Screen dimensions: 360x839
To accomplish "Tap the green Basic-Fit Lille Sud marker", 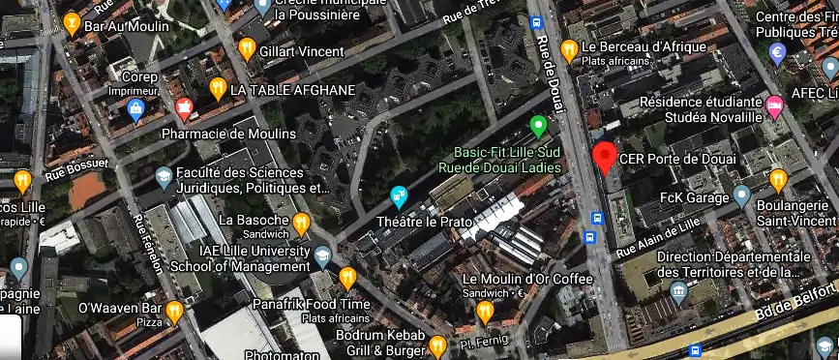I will coord(540,125).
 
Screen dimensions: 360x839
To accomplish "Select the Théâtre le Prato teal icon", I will coord(399,196).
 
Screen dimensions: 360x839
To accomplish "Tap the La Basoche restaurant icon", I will coord(301,224).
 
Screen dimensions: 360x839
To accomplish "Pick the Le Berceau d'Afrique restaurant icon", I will coord(569,48).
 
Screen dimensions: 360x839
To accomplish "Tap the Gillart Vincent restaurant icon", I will coord(248,47).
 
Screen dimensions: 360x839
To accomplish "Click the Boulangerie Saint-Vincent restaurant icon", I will coord(778,179).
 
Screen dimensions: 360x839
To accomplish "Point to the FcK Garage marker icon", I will coord(741,196).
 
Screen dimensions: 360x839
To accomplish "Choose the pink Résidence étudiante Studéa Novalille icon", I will coord(774,105).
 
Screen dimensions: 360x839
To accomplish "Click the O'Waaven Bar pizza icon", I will coord(174,311).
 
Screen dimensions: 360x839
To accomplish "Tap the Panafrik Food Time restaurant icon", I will coord(348,279).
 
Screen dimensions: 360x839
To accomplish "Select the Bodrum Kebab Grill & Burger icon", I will coord(437,345).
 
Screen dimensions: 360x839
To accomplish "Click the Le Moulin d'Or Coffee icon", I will coord(485,311).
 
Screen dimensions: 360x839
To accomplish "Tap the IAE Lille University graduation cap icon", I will coord(322,255).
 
